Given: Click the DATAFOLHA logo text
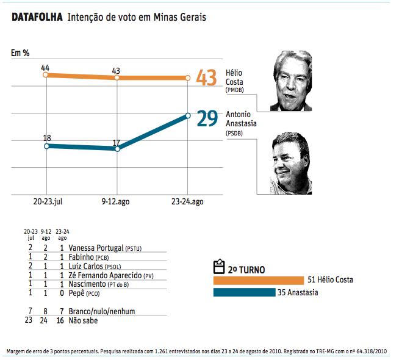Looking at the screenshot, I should (37, 17).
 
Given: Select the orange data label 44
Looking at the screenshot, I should (45, 67).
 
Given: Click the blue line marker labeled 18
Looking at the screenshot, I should (47, 146).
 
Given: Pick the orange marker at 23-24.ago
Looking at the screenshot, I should (187, 78).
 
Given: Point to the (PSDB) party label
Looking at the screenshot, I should (234, 132).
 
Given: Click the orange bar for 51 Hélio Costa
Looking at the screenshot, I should (258, 280).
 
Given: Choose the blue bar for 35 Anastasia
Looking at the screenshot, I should (244, 293).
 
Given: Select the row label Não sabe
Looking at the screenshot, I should (83, 320).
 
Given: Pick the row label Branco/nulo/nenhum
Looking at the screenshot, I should (102, 312).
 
